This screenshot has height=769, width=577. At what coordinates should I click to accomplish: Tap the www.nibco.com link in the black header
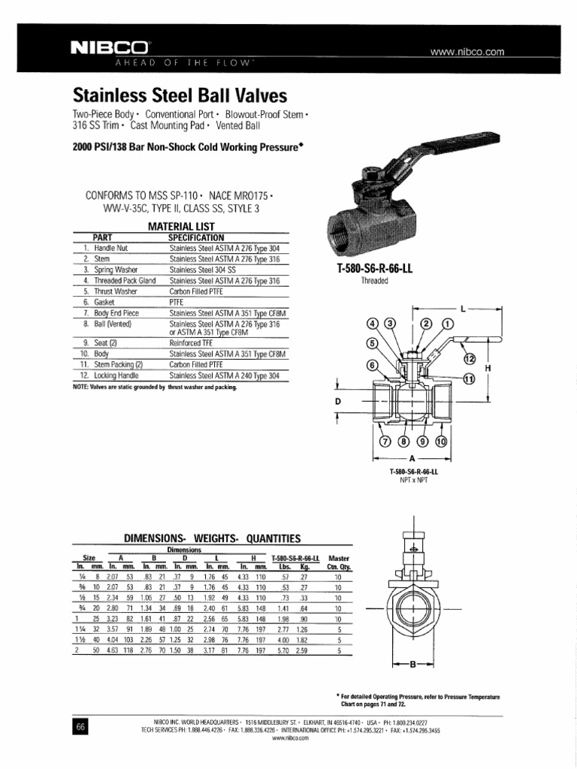[466, 53]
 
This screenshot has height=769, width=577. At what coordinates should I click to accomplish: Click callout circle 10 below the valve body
[441, 441]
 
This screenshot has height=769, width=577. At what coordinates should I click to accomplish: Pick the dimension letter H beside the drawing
[488, 368]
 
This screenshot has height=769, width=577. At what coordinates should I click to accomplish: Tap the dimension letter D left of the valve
[337, 402]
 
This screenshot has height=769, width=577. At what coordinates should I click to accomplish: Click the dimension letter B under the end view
[412, 663]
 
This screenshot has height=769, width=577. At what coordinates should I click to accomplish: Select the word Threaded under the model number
[373, 281]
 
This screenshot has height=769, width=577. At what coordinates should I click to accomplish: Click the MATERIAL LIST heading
[181, 226]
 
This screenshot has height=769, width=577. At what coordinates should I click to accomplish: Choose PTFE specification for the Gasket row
[177, 300]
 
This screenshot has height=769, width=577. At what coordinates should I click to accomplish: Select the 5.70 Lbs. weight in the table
[284, 651]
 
